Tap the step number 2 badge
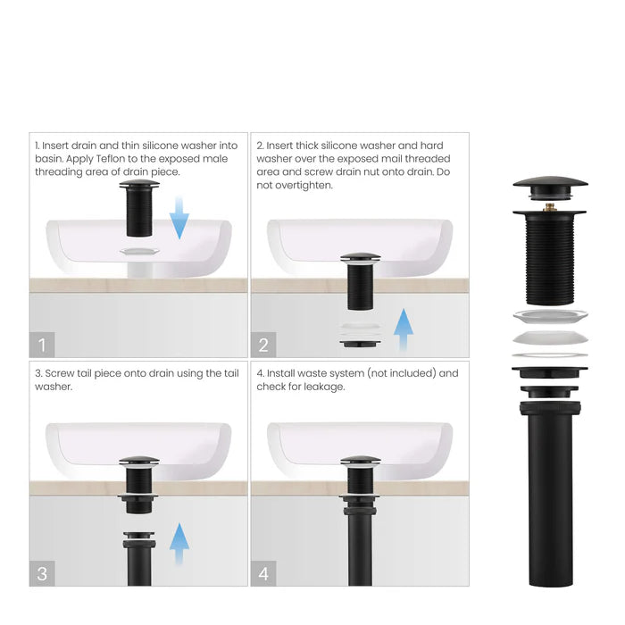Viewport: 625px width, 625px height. coord(263,344)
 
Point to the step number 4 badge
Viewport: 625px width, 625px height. coord(263,572)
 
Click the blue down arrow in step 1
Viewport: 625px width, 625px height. coord(179,218)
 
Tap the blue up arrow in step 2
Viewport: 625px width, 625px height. coord(404,331)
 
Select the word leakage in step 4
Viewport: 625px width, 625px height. coord(318,387)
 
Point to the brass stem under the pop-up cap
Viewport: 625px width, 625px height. coord(549,206)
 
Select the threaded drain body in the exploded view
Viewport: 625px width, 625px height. coord(549,259)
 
